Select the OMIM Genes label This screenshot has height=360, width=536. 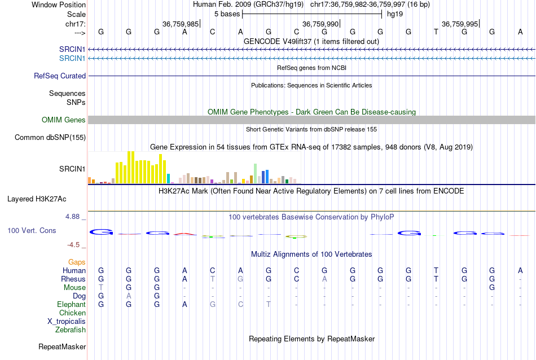[x=64, y=120]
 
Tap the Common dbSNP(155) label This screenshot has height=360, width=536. [x=50, y=137]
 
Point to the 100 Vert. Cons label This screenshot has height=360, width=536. [x=32, y=231]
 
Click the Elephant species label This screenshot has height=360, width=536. [x=71, y=304]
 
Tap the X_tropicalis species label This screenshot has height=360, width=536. [x=67, y=321]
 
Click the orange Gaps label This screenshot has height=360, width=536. [x=77, y=262]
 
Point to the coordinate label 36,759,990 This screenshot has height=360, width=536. [x=320, y=24]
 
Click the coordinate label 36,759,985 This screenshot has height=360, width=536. [x=181, y=24]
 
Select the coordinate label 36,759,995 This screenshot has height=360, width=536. [x=460, y=24]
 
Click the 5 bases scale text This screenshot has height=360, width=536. [x=227, y=13]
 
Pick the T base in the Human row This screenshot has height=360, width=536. [x=436, y=271]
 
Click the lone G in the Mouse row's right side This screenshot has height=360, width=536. [x=492, y=288]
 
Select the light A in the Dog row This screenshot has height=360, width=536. [x=129, y=296]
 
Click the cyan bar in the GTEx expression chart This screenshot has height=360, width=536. [x=169, y=178]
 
